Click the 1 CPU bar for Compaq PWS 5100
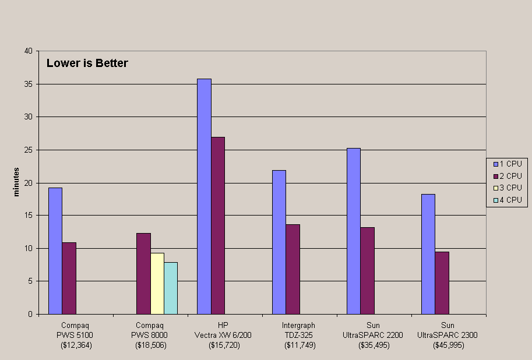tap(55, 250)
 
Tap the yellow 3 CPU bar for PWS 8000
tap(157, 283)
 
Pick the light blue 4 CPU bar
tap(171, 288)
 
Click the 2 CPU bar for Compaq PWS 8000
tap(143, 273)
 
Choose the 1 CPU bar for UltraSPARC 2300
tap(428, 254)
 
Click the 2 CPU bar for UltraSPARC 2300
tap(442, 283)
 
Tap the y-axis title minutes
tap(16, 182)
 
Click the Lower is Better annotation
tap(87, 63)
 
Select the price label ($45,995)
tap(449, 345)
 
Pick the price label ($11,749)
tap(300, 345)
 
